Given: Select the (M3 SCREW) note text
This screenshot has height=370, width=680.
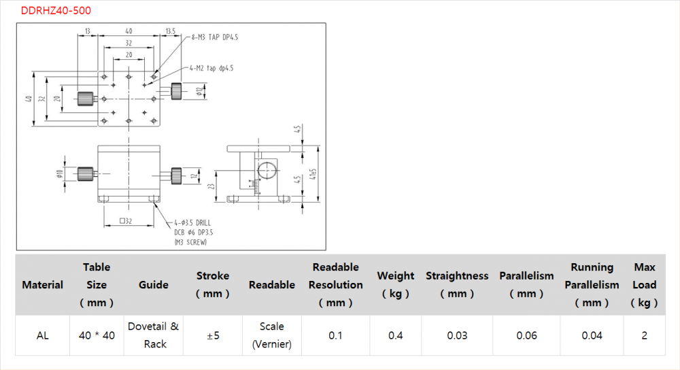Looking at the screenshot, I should [190, 242].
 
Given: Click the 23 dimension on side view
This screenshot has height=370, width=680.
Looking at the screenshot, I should [212, 185].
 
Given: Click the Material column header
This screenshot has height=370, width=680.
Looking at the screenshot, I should [42, 285].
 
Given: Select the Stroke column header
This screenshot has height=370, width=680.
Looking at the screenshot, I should [213, 285].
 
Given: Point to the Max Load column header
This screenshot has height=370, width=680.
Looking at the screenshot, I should [644, 285].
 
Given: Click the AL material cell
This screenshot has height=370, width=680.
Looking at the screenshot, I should [42, 335].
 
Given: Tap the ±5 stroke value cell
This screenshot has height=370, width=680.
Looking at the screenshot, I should [213, 335].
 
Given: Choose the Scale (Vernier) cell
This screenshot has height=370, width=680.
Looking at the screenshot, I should [272, 335].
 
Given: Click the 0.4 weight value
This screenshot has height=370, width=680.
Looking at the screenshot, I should [395, 335].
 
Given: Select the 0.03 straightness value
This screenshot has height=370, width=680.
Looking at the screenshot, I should [457, 335].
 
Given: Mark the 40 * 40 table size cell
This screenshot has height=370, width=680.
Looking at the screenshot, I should [97, 335].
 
